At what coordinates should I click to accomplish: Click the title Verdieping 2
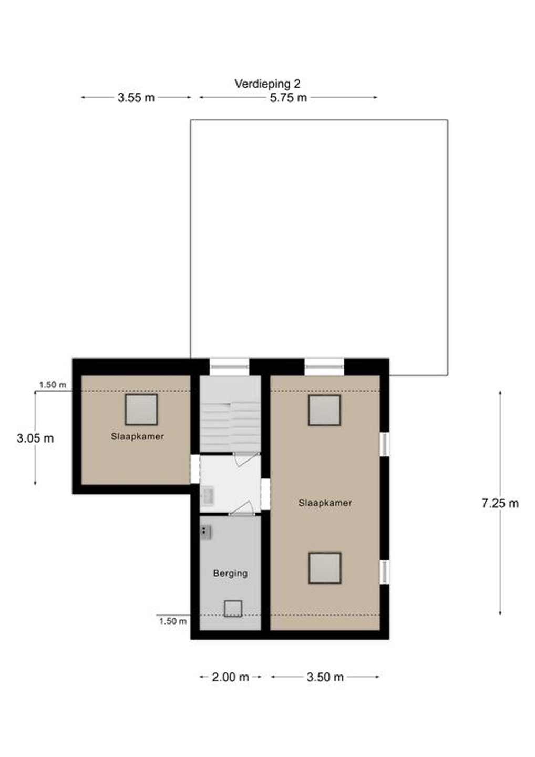pos(267,84)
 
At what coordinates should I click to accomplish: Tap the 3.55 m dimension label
pos(136,98)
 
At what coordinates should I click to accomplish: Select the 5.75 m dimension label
pos(288,98)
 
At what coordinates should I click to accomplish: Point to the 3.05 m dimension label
pos(35,438)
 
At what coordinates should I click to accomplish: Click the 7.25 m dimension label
pos(500,503)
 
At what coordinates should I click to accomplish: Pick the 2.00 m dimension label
pos(230,677)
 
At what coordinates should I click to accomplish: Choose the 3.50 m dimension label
pos(325,677)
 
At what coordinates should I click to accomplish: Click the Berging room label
pos(230,573)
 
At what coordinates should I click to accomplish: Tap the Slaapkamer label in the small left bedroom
pos(138,436)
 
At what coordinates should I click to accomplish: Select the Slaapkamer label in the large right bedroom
pos(325,503)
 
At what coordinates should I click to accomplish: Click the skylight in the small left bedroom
pos(141,410)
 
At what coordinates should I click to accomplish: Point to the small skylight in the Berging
pos(233,609)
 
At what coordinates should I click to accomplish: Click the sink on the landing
pos(208,496)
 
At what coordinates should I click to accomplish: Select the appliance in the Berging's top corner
pos(205,532)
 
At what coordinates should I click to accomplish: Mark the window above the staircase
pos(230,367)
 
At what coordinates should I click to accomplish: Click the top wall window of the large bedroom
pos(324,367)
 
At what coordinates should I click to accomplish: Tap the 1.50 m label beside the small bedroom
pos(53,385)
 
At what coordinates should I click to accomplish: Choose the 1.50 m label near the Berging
pos(172,621)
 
